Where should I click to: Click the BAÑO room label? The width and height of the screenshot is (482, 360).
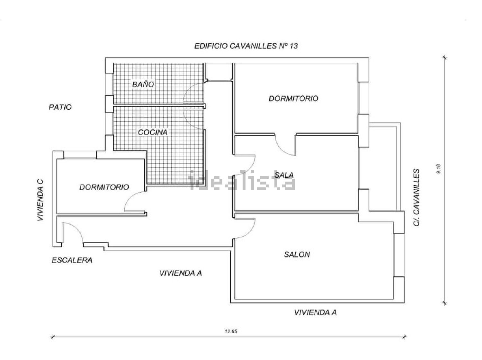[x=143, y=85]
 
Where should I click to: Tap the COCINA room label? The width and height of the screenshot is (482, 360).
[x=153, y=132]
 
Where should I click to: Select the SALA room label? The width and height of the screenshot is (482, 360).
[x=284, y=175]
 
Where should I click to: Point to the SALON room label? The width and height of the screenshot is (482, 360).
[x=297, y=255]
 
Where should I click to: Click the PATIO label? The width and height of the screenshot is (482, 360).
[x=60, y=107]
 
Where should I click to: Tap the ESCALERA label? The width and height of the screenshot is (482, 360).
[x=72, y=260]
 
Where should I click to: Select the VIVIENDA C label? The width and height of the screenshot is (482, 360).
[x=40, y=200]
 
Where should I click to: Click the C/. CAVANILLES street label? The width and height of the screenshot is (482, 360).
[x=417, y=197]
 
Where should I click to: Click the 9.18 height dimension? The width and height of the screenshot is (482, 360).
[x=439, y=169]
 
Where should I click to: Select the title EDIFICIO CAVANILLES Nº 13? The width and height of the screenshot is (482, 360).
[x=246, y=46]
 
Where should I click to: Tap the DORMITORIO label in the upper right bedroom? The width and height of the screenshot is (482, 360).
[x=293, y=98]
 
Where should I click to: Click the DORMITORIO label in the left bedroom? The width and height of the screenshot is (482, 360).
[x=104, y=187]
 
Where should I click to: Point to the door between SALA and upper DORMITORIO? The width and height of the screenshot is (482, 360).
[x=284, y=144]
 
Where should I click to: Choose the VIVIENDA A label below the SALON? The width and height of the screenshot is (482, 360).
[x=315, y=312]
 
